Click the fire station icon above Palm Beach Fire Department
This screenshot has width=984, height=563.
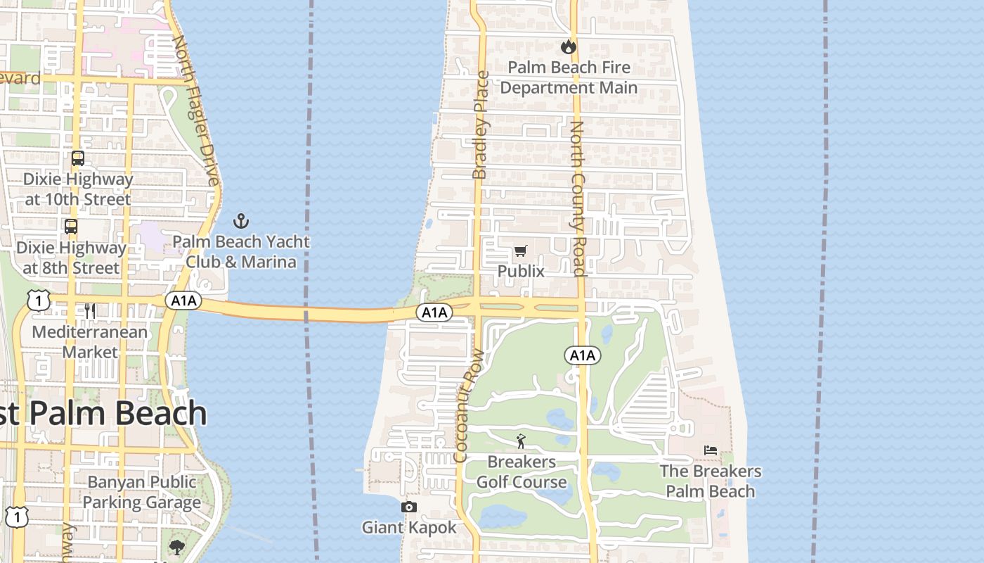[x=568, y=47]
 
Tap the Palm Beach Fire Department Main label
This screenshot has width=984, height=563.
[x=569, y=77]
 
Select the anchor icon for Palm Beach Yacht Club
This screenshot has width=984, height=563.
[x=241, y=221]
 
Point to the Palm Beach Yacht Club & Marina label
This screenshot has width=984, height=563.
[x=241, y=251]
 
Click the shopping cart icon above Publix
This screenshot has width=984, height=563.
[x=521, y=251]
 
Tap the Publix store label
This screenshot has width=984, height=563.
[x=521, y=271]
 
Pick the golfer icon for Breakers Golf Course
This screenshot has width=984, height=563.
[x=521, y=441]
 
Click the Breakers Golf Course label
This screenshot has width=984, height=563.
[x=521, y=472]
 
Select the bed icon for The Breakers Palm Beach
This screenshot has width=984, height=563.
[x=711, y=450]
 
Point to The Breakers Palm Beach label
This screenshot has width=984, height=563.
[x=711, y=481]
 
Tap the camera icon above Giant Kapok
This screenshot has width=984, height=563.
[x=408, y=507]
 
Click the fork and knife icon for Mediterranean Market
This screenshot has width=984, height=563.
[x=90, y=311]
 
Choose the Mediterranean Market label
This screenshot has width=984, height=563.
[x=90, y=341]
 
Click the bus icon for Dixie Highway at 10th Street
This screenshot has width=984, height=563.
[x=77, y=158]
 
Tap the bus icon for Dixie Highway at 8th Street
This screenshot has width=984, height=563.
[x=71, y=227]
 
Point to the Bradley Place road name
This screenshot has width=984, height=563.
[x=481, y=125]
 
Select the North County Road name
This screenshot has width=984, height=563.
[x=577, y=198]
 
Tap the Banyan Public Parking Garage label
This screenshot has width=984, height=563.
[x=142, y=492]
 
